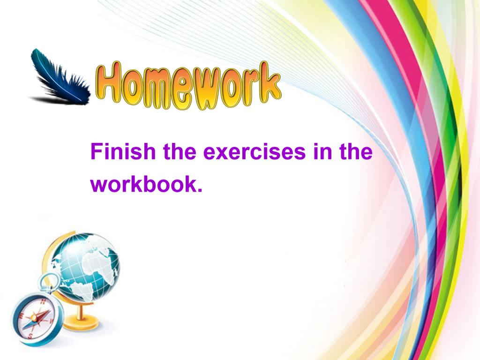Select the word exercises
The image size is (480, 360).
pyautogui.click(x=255, y=151)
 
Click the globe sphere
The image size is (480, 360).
pyautogui.click(x=87, y=267)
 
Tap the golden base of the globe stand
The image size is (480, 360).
pyautogui.click(x=82, y=323)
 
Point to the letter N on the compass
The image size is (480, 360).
pyautogui.click(x=43, y=301)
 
